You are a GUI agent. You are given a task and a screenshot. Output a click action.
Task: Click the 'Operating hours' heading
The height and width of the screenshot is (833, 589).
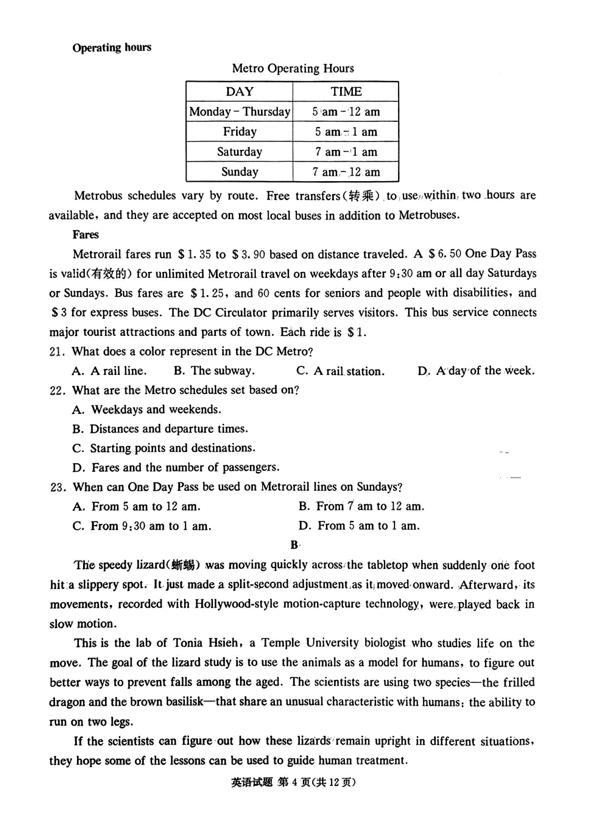[x=112, y=48]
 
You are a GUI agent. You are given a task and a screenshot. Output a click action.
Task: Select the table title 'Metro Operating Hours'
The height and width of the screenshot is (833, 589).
[x=293, y=68]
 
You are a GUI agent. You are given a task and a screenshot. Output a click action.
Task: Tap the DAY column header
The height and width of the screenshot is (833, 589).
[x=240, y=92]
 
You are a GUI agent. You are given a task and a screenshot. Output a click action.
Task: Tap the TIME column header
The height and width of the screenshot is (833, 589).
[x=346, y=92]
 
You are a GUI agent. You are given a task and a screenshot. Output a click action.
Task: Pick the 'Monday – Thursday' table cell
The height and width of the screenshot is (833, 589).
[x=240, y=112]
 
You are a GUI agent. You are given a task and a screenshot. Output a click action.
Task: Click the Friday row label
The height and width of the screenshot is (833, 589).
[x=240, y=132]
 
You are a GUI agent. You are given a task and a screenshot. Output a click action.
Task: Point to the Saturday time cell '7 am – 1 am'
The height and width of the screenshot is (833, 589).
[x=346, y=152]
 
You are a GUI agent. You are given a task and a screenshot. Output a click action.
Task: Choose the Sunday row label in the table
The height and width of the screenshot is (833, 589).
[x=240, y=172]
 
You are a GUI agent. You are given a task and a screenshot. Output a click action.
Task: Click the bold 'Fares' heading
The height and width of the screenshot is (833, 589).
[x=86, y=235]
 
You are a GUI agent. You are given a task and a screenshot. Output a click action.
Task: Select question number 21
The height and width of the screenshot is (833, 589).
[x=57, y=352]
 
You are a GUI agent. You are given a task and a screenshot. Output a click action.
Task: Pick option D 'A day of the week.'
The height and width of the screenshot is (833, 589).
[x=476, y=371]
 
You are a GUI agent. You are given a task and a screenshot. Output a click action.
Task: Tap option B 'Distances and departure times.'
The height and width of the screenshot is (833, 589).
[x=160, y=429]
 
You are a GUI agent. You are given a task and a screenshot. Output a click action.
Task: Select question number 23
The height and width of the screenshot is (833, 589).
[x=58, y=487]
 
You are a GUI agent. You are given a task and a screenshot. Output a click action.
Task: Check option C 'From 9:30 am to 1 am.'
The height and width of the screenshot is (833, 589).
[x=142, y=526]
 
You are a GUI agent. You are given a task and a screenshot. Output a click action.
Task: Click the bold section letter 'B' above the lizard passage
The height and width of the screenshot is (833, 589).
[x=294, y=545]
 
